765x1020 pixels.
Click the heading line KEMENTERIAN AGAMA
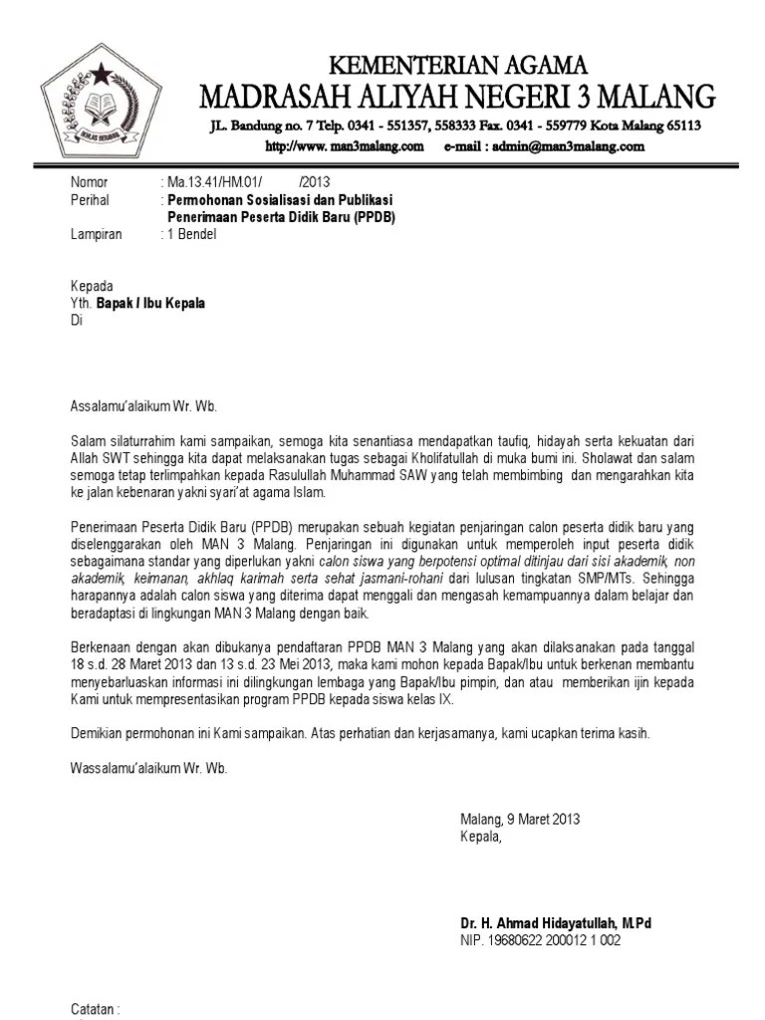(x=458, y=66)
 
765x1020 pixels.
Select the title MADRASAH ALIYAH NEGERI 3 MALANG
(x=457, y=97)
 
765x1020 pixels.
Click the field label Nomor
(x=89, y=182)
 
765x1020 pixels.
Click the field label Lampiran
(x=96, y=235)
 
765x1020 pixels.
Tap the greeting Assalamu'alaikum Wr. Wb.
(x=142, y=406)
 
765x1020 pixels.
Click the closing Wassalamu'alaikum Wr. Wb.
(x=148, y=768)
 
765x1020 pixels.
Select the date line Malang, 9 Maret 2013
(x=520, y=820)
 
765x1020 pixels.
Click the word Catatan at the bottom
(x=94, y=1009)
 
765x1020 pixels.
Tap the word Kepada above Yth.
(x=92, y=287)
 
